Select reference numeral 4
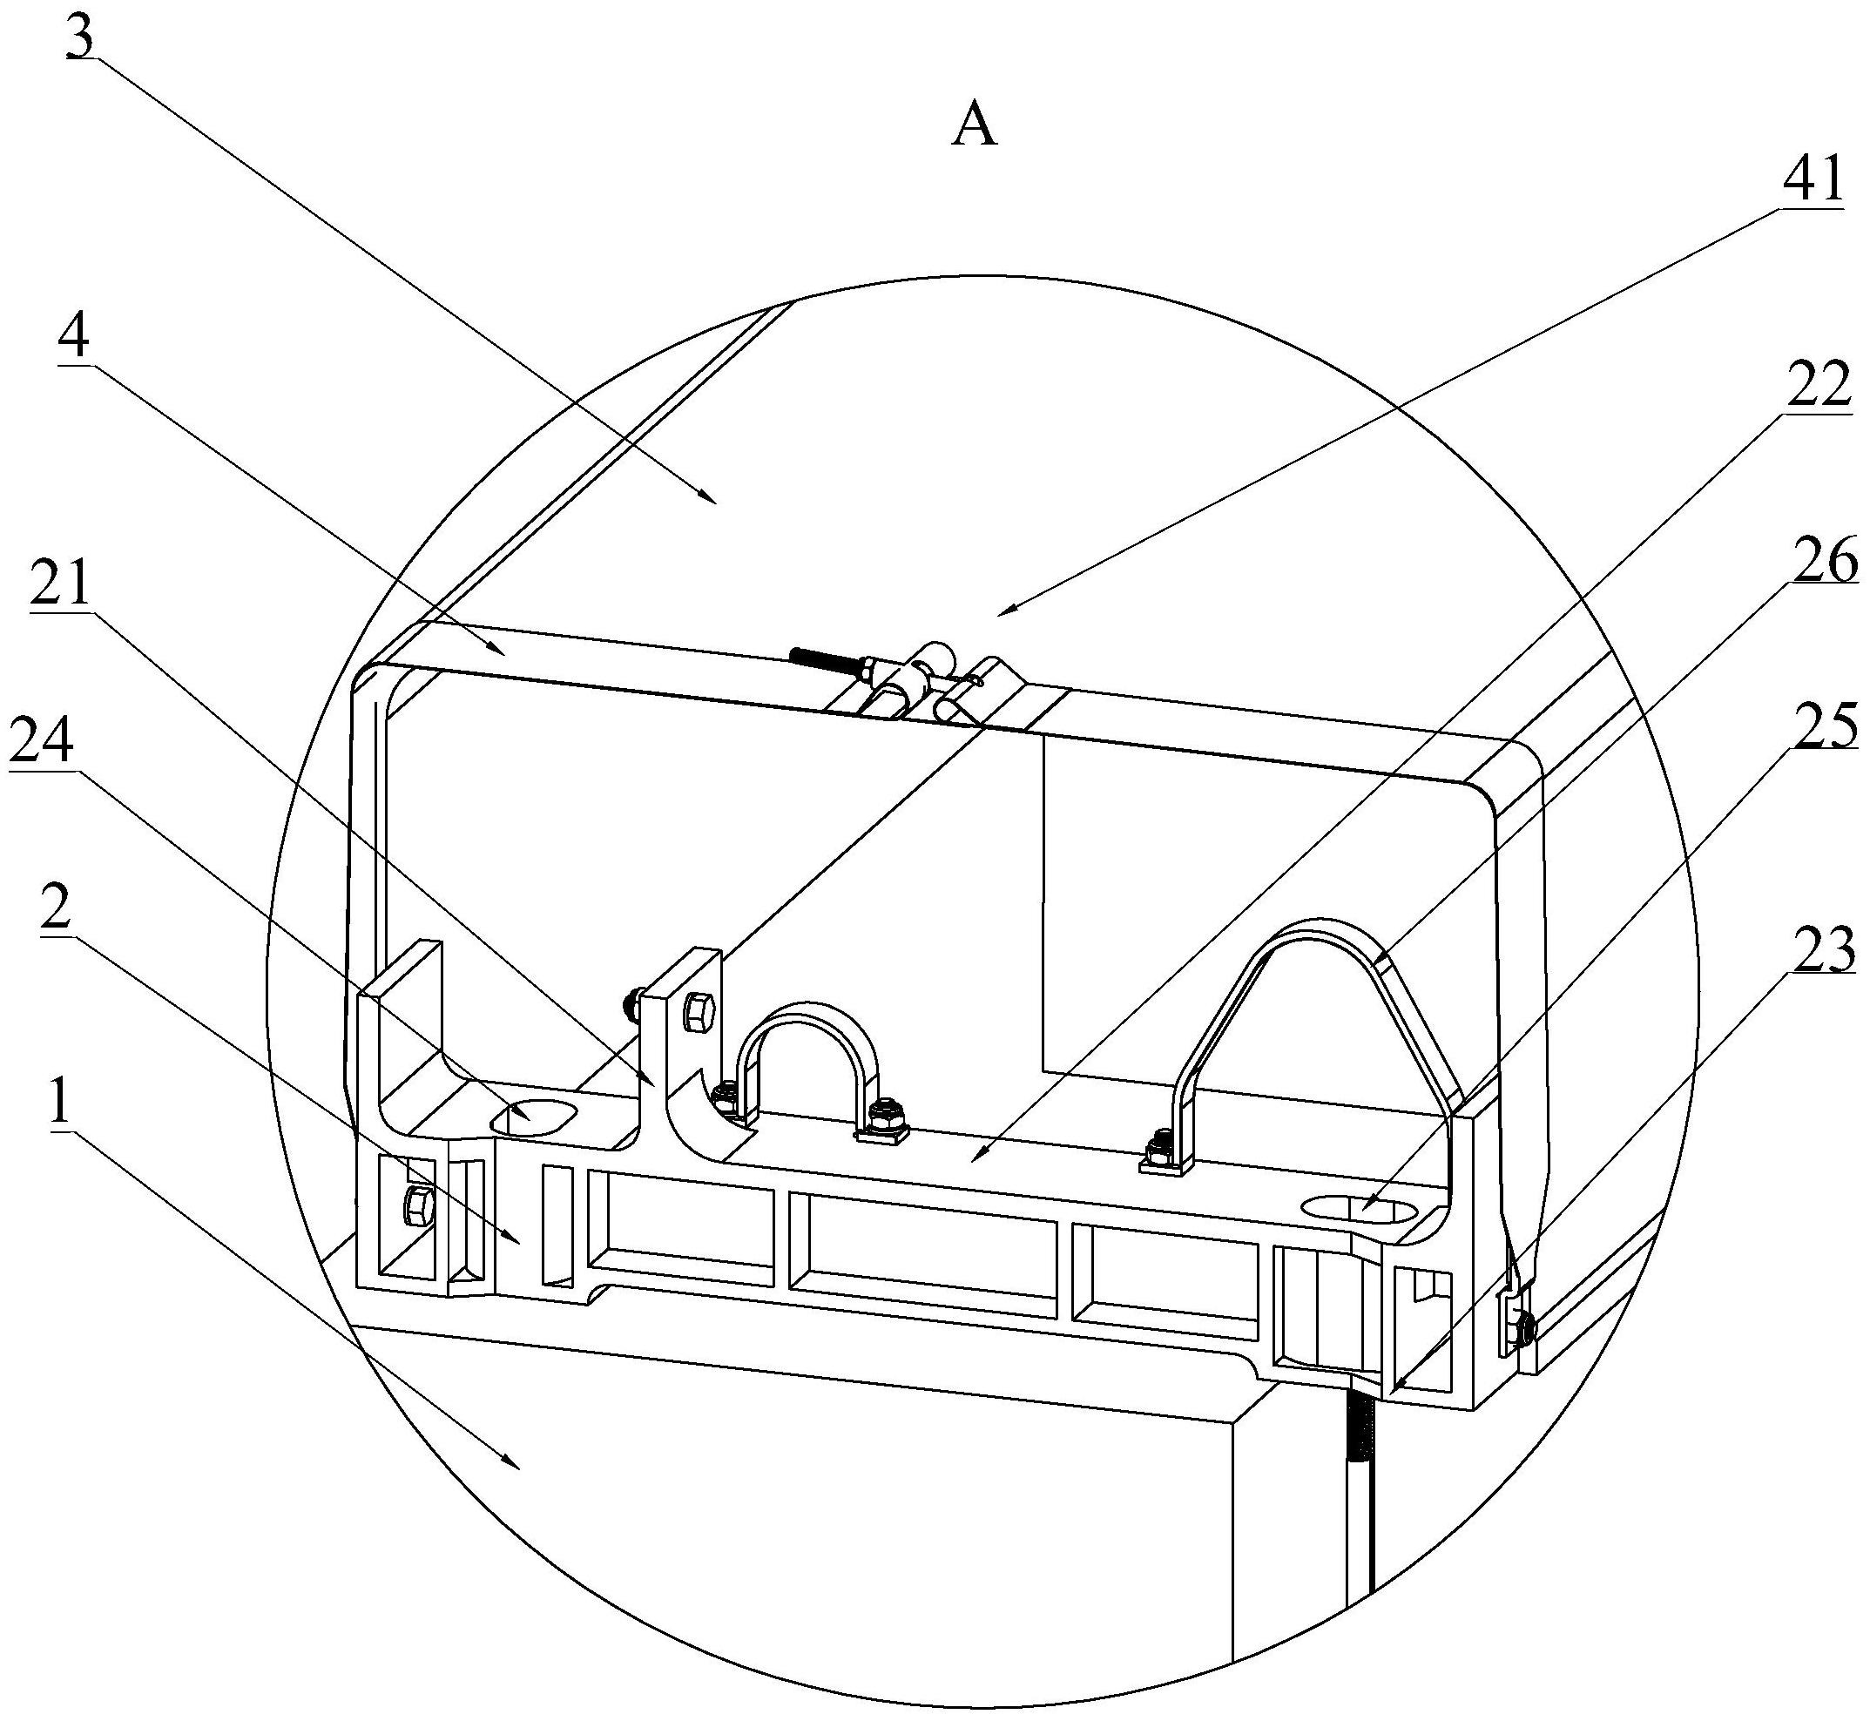[x=72, y=340]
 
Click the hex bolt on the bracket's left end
[x=415, y=1208]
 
